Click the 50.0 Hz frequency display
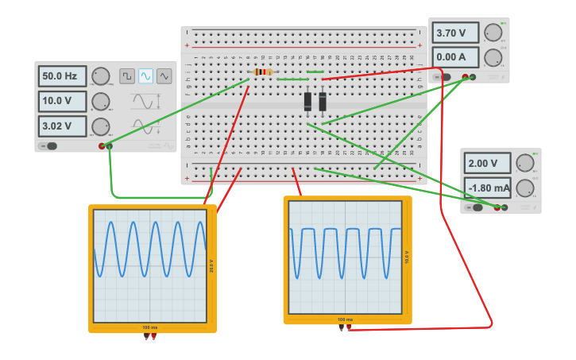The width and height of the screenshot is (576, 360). click(62, 76)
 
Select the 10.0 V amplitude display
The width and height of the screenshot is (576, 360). click(62, 102)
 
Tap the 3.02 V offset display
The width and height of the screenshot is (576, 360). click(62, 126)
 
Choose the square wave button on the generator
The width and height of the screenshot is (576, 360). click(127, 76)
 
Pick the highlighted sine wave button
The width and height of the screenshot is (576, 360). click(145, 76)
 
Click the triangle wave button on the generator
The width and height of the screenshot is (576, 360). click(164, 76)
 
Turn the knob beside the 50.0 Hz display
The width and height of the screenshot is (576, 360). click(101, 76)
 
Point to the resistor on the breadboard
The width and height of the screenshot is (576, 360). click(262, 72)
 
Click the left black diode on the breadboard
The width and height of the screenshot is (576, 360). click(307, 101)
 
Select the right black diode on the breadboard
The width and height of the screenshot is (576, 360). click(323, 101)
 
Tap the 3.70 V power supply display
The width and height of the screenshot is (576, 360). click(456, 33)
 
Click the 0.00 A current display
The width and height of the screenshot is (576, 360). click(456, 57)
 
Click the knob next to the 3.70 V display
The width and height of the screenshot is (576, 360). click(493, 33)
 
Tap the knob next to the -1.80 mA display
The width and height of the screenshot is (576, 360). click(524, 188)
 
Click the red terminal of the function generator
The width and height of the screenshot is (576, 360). click(102, 146)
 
